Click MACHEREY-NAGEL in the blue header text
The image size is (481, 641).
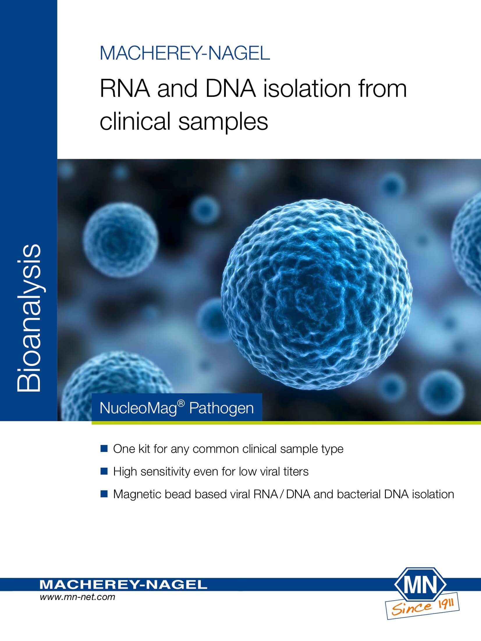(x=185, y=53)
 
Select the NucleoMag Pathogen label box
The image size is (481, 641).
(x=177, y=407)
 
